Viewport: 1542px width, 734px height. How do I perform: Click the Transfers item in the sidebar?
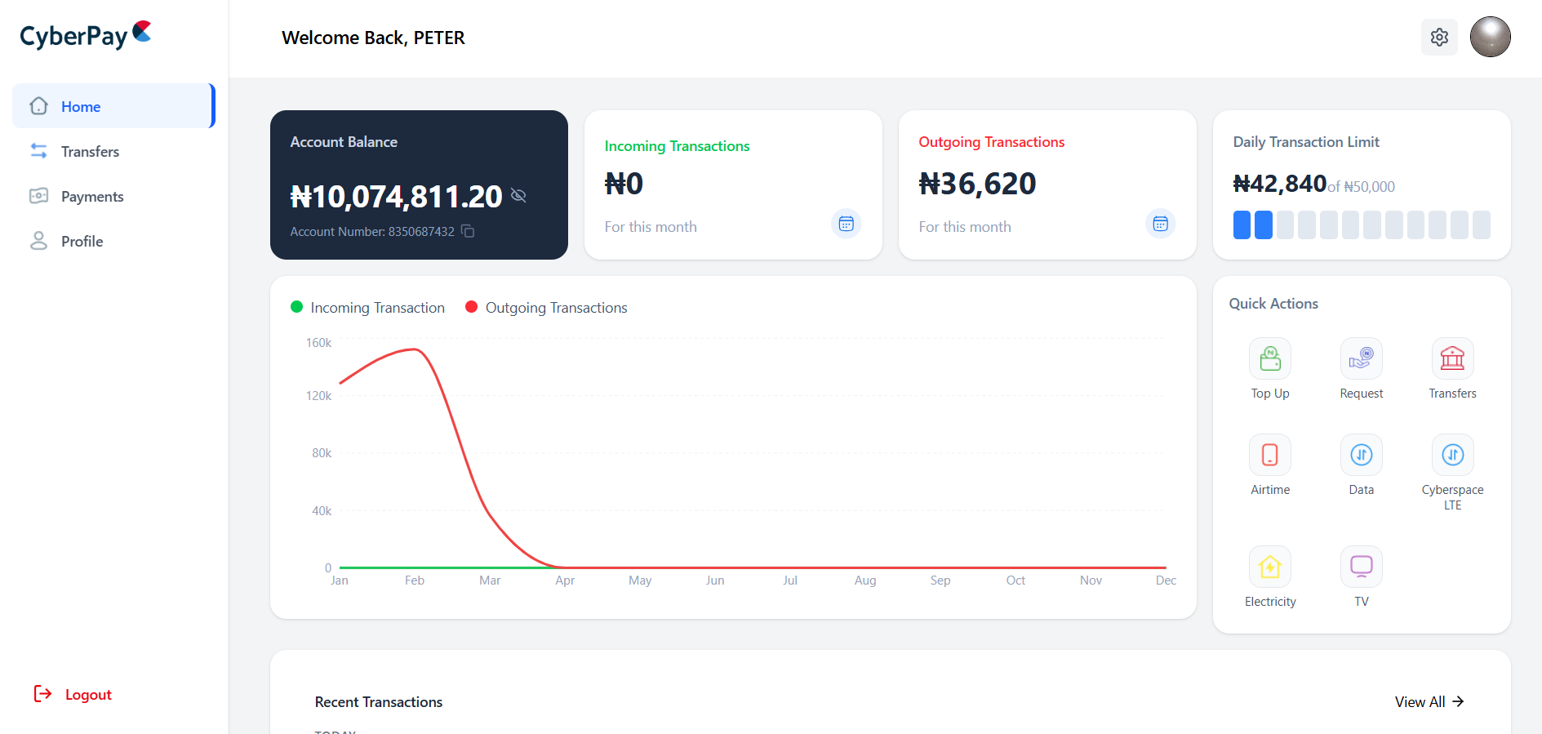tap(89, 152)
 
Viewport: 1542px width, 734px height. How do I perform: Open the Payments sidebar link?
tap(91, 197)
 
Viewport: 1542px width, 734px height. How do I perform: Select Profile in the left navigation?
tap(82, 242)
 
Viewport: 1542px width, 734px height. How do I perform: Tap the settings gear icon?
tap(1439, 38)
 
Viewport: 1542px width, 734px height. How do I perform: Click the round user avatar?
tap(1490, 38)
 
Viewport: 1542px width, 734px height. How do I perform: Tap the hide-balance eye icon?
tap(518, 195)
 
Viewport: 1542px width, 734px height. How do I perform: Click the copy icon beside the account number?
tap(468, 231)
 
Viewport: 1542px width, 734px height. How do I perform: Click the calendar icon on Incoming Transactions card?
tap(846, 224)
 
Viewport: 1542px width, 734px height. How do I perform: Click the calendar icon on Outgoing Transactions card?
tap(1160, 224)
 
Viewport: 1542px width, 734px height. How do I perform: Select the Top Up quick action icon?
tap(1270, 358)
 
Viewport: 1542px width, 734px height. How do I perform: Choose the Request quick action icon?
tap(1361, 358)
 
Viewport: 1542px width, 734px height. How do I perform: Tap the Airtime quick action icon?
tap(1270, 455)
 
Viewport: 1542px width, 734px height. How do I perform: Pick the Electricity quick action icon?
tap(1270, 567)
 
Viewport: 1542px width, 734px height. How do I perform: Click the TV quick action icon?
tap(1361, 567)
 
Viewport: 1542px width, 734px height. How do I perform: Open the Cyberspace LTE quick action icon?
tap(1452, 455)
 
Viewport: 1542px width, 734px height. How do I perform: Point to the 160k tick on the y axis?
tap(318, 343)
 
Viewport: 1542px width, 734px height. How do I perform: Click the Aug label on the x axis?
tap(865, 581)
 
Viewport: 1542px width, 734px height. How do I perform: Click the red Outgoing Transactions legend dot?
tap(471, 307)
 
